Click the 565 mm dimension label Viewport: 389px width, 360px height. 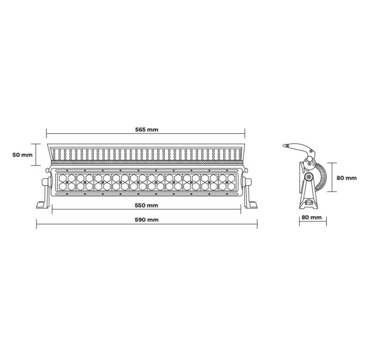pyautogui.click(x=147, y=130)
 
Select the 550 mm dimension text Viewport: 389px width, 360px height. pyautogui.click(x=147, y=205)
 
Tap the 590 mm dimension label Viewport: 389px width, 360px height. pyautogui.click(x=147, y=220)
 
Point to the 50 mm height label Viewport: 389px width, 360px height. pyautogui.click(x=23, y=154)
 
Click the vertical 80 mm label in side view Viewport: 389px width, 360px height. pyautogui.click(x=346, y=178)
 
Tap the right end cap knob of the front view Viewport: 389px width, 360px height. pyautogui.click(x=250, y=182)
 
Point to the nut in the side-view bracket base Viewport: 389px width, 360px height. pyautogui.click(x=309, y=203)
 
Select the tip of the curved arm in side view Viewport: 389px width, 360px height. pyautogui.click(x=286, y=146)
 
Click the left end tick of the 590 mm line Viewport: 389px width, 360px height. pyautogui.click(x=37, y=225)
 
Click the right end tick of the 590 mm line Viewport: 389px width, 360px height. pyautogui.click(x=257, y=225)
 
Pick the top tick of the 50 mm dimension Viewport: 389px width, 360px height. pyautogui.click(x=37, y=144)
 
